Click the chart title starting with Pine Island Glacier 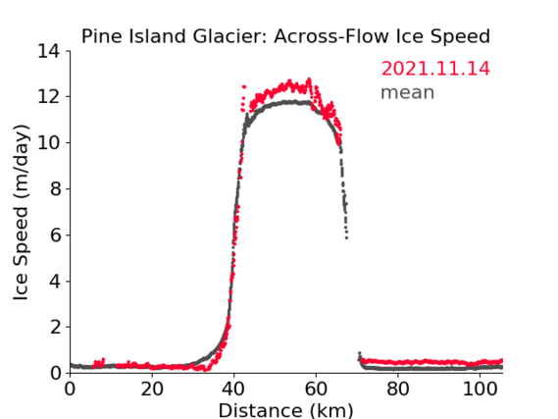[x=285, y=36]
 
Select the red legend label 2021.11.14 [x=435, y=69]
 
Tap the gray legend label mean [x=408, y=92]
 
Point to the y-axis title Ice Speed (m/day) [x=21, y=212]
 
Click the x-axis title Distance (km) [x=285, y=410]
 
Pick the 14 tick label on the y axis [x=49, y=51]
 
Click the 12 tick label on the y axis [x=49, y=96]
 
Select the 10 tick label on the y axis [x=49, y=142]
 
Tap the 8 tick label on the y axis [x=55, y=188]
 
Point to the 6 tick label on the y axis [x=55, y=235]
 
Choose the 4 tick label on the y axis [x=55, y=282]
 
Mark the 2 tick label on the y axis [x=55, y=327]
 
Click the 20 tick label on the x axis [x=152, y=390]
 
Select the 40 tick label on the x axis [x=233, y=390]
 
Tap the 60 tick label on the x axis [x=316, y=390]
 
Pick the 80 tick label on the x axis [x=398, y=390]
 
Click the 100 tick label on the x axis [x=480, y=390]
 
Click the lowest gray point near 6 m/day [x=346, y=237]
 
